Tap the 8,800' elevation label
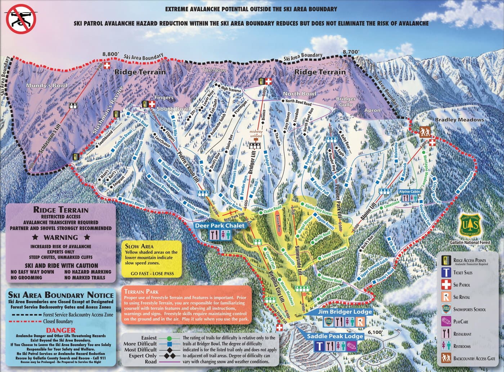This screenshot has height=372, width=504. click(110, 54)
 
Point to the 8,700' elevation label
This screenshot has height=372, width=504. click(351, 52)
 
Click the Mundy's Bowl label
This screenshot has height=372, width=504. click(47, 86)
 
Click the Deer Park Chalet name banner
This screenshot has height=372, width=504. click(220, 226)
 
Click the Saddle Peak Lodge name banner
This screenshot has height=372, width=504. click(335, 336)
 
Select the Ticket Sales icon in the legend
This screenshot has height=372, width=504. click(446, 273)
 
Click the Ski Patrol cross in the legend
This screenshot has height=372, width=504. click(446, 285)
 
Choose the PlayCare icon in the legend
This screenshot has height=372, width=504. click(446, 322)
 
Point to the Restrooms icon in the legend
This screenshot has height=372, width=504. click(446, 346)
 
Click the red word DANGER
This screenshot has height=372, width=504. click(60, 330)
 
